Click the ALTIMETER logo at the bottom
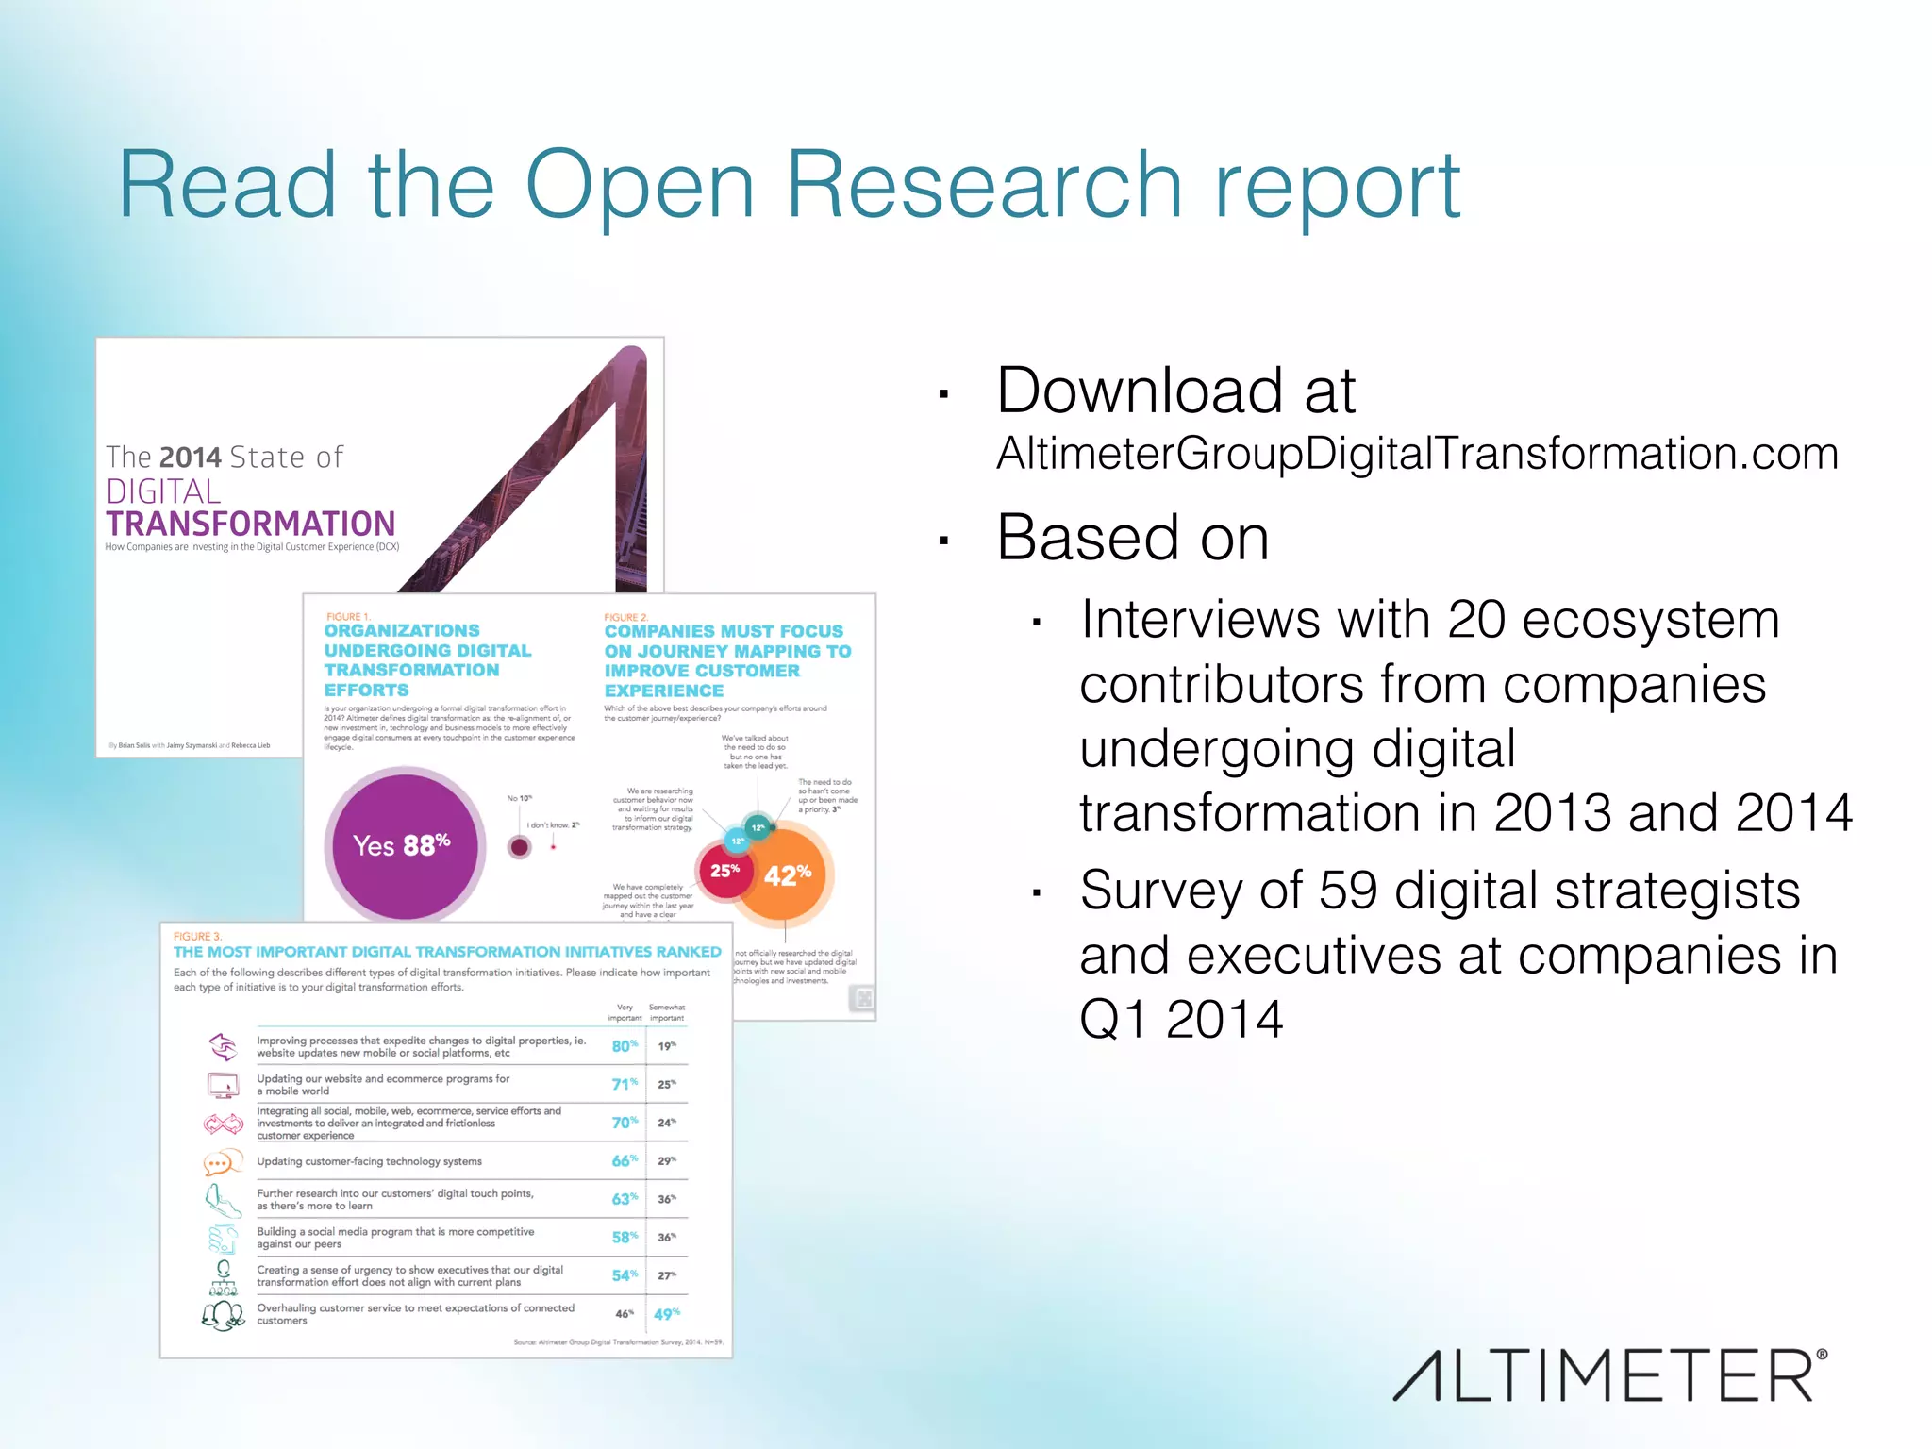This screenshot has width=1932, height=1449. pos(1609,1375)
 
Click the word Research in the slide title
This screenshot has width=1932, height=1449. pos(984,185)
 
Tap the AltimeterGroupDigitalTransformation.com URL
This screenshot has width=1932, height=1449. pos(1417,454)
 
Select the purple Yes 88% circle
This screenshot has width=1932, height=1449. pos(405,845)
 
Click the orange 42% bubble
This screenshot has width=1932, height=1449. pos(786,874)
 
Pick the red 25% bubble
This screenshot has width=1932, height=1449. pos(724,870)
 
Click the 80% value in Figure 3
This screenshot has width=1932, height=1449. pos(624,1046)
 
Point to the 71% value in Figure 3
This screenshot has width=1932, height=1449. pos(624,1084)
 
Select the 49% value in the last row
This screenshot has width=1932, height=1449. pos(666,1314)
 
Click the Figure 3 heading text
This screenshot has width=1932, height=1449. pos(447,952)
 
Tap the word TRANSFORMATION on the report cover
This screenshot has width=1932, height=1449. pos(251,524)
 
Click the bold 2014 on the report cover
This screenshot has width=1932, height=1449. pos(191,458)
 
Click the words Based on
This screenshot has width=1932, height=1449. pos(1132,538)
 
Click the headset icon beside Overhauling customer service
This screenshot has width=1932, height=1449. pos(224,1314)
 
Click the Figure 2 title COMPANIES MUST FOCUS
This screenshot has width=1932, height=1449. pos(724,631)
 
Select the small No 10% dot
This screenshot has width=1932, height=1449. pos(519,846)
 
